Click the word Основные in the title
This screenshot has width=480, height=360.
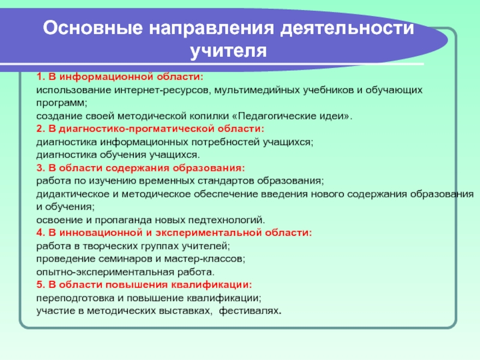point(93,28)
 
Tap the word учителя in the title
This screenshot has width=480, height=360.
point(229,51)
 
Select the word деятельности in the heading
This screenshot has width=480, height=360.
point(347,29)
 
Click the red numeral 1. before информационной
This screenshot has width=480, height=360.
point(41,77)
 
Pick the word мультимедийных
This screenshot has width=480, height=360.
point(257,91)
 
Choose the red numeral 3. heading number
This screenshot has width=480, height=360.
point(41,168)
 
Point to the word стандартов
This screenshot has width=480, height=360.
point(226,181)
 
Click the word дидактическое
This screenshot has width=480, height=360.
point(73,194)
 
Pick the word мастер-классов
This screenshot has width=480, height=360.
point(205,259)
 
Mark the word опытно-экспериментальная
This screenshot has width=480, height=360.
point(105,272)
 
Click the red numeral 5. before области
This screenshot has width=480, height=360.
point(41,284)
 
